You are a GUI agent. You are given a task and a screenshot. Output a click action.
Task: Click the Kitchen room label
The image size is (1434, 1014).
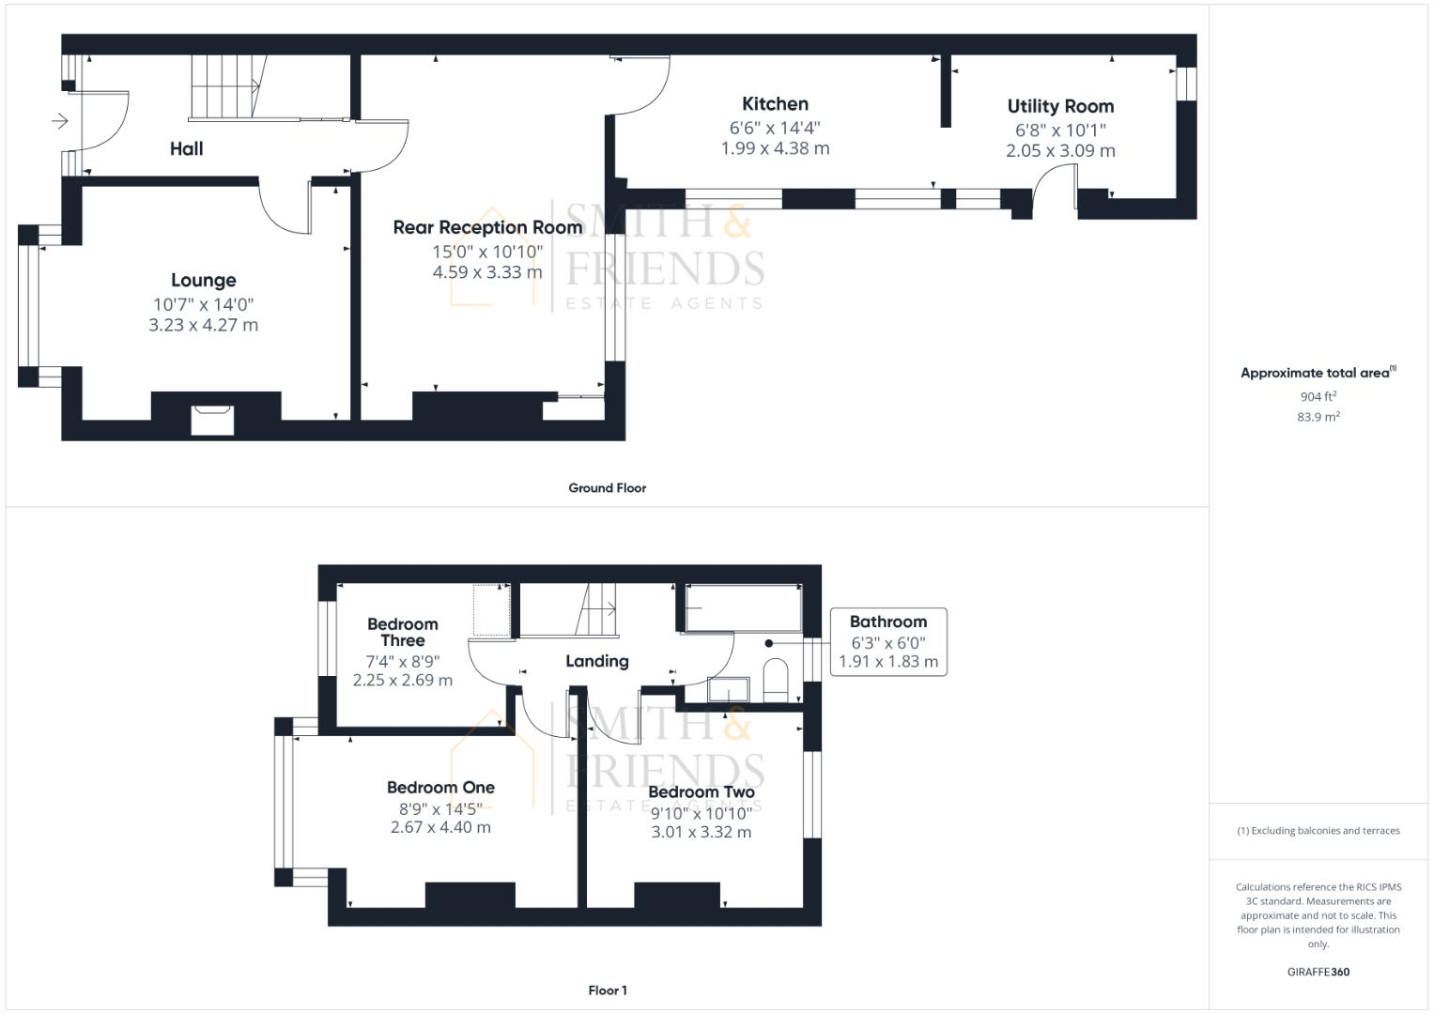pyautogui.click(x=775, y=104)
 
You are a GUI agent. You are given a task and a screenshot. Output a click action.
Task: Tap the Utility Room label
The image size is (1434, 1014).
pyautogui.click(x=1060, y=107)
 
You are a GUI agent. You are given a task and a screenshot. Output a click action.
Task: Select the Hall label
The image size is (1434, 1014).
pyautogui.click(x=186, y=148)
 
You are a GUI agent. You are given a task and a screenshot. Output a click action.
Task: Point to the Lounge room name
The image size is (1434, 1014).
pyautogui.click(x=203, y=281)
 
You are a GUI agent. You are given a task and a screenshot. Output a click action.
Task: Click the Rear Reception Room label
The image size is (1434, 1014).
pyautogui.click(x=487, y=227)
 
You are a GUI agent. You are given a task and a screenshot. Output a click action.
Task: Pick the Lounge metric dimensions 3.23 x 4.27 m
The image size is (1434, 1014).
pyautogui.click(x=203, y=325)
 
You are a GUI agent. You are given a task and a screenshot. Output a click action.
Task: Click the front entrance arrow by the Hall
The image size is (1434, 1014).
pyautogui.click(x=60, y=121)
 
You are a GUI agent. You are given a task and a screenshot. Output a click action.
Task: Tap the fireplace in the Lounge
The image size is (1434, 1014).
pyautogui.click(x=211, y=420)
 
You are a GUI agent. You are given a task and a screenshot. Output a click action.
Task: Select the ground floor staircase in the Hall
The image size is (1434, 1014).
pyautogui.click(x=224, y=86)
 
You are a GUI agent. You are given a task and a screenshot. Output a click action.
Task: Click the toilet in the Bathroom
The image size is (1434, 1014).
pyautogui.click(x=776, y=681)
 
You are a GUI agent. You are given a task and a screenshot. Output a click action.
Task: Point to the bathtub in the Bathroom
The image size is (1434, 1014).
pyautogui.click(x=743, y=607)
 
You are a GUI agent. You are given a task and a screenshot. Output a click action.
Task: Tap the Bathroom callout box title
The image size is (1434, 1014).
pyautogui.click(x=887, y=622)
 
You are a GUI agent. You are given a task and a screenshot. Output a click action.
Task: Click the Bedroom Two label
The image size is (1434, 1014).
pyautogui.click(x=701, y=792)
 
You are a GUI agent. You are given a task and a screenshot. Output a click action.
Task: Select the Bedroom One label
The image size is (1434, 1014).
pyautogui.click(x=440, y=788)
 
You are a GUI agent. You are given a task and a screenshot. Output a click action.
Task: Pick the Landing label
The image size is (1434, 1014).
pyautogui.click(x=596, y=662)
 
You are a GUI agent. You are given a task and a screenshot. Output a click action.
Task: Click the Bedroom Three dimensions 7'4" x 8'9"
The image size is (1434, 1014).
pyautogui.click(x=402, y=662)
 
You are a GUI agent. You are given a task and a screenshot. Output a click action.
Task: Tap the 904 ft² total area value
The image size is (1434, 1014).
pyautogui.click(x=1318, y=397)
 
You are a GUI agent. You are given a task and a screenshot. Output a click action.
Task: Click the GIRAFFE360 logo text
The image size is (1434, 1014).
pyautogui.click(x=1318, y=972)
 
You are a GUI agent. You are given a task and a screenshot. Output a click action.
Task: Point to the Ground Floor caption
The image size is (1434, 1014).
pyautogui.click(x=607, y=488)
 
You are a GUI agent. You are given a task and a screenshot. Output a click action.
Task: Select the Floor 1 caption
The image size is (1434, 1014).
pyautogui.click(x=607, y=991)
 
